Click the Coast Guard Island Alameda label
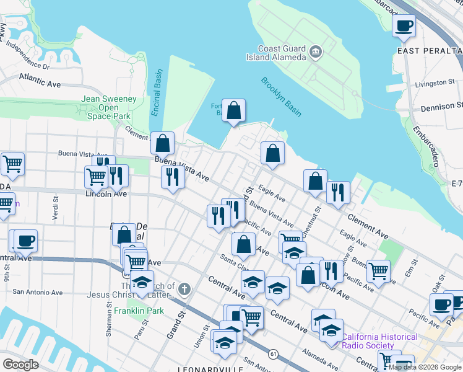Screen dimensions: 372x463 tap(282, 53)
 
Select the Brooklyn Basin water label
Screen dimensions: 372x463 tap(281, 96)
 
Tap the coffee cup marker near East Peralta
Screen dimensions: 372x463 tap(404, 26)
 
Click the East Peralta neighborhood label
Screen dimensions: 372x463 tap(430, 50)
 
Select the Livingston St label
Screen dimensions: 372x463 tap(435, 83)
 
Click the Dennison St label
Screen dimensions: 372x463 tap(441, 107)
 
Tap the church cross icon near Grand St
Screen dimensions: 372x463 tap(184, 288)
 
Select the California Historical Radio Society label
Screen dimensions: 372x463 tap(379, 341)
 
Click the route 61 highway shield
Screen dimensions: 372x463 tap(272, 353)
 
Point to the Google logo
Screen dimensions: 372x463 tap(21, 364)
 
